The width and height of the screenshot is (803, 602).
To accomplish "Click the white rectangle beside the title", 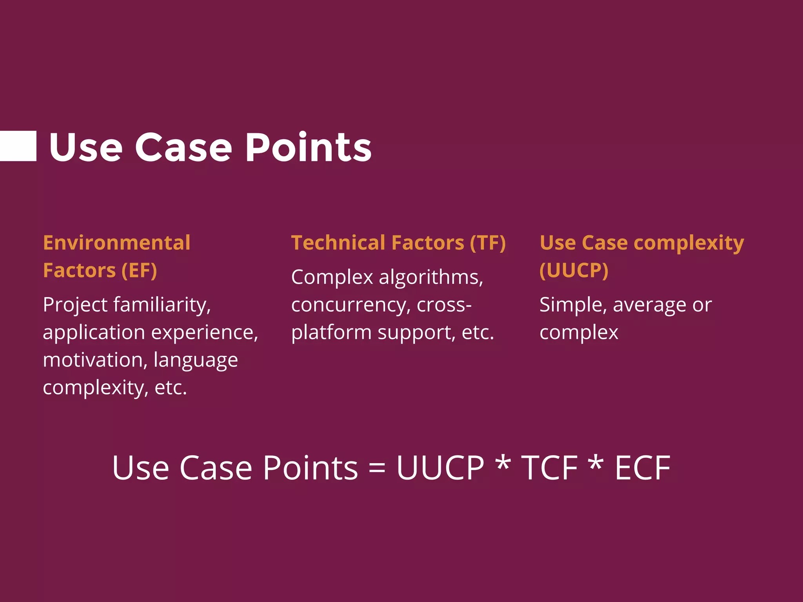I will tap(18, 146).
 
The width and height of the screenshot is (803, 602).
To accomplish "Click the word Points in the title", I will tap(309, 147).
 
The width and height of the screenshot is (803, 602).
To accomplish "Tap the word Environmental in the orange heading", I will tap(116, 243).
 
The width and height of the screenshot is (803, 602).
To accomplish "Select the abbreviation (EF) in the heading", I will tap(139, 270).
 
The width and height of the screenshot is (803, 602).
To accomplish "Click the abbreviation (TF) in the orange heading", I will tap(488, 243).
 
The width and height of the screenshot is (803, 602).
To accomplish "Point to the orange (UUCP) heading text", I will tap(574, 270).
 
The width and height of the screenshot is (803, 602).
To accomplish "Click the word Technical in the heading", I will tap(338, 243).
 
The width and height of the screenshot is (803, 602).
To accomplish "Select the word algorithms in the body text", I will tap(431, 277).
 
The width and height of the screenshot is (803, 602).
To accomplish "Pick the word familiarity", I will tap(162, 305).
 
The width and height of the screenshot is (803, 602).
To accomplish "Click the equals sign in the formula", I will tap(377, 468).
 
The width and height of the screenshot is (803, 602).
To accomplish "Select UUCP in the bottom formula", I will tap(440, 468).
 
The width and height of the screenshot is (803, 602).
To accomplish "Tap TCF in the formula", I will tap(549, 468).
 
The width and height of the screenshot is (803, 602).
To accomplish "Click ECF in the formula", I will tap(642, 468).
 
